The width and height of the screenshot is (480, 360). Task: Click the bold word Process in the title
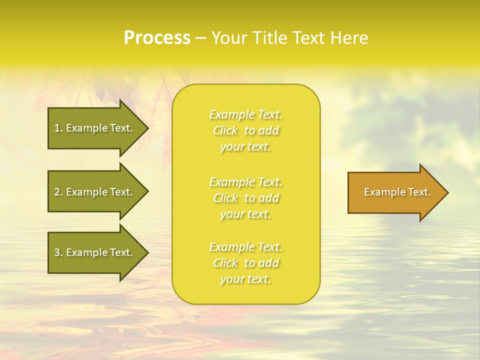coord(157,38)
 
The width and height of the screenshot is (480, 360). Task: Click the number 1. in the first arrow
coord(58,128)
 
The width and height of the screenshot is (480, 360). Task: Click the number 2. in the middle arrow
coord(58,192)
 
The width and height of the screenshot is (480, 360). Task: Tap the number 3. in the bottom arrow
coord(58,253)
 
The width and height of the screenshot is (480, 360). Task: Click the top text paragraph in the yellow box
coord(245,130)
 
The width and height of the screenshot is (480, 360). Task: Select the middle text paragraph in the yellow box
coord(245,198)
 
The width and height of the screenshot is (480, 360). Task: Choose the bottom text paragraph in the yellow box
coord(245,263)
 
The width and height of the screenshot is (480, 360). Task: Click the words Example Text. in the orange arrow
coord(397,192)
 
